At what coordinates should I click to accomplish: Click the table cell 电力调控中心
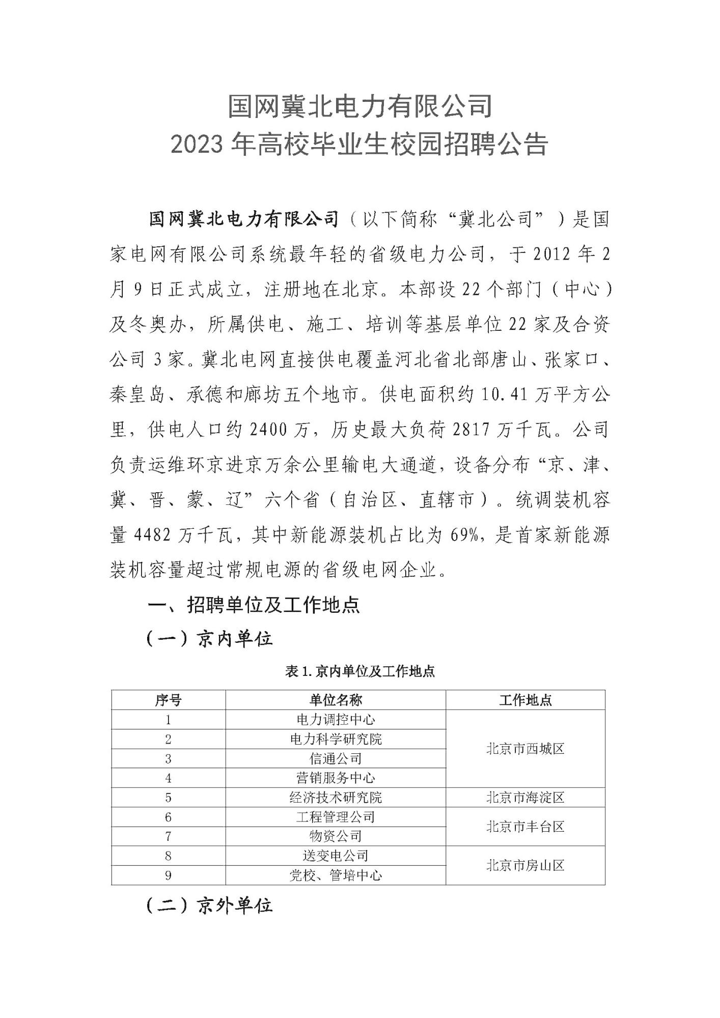[x=336, y=720]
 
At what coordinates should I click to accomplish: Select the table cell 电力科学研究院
[x=336, y=739]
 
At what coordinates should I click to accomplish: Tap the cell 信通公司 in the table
[x=336, y=758]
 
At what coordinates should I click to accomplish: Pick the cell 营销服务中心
[x=336, y=778]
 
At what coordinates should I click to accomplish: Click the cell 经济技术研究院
[x=336, y=798]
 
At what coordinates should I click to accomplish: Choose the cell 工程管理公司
[x=336, y=817]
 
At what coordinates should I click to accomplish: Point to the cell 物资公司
[x=336, y=836]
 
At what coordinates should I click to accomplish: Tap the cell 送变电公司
[x=336, y=856]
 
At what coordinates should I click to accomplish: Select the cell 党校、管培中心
[x=336, y=875]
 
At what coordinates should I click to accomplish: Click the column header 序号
[x=168, y=700]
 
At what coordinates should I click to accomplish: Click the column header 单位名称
[x=336, y=700]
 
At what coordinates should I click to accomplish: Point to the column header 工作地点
[x=525, y=700]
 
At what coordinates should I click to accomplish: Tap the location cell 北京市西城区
[x=525, y=749]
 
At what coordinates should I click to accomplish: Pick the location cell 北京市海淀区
[x=525, y=798]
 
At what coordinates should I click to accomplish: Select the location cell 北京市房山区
[x=525, y=865]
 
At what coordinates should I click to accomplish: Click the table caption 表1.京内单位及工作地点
[x=360, y=672]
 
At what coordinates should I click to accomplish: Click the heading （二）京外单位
[x=209, y=906]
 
